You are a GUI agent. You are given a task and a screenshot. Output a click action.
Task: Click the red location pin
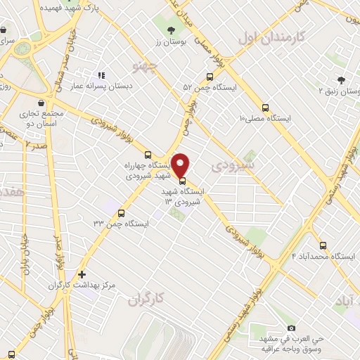(181, 165)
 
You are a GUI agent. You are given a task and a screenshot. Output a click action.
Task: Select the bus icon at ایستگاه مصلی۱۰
(265, 108)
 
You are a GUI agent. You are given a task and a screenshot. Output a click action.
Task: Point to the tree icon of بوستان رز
(171, 30)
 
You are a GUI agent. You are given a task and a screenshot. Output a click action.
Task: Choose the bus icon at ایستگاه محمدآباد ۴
(323, 245)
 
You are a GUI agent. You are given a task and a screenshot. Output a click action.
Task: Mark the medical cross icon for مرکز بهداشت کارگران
(82, 274)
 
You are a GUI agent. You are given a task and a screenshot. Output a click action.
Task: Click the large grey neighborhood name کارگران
(146, 300)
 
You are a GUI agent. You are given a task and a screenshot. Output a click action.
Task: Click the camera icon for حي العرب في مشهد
(292, 327)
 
